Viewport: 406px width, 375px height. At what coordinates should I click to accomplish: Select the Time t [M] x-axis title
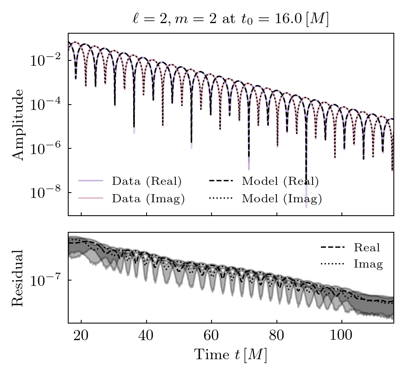(230, 355)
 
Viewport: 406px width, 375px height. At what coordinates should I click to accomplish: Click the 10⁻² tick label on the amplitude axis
(45, 61)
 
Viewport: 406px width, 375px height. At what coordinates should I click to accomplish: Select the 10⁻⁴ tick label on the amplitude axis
(45, 105)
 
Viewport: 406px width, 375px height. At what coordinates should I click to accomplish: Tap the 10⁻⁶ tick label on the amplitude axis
(45, 149)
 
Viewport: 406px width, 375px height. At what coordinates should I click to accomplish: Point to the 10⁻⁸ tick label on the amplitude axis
(45, 193)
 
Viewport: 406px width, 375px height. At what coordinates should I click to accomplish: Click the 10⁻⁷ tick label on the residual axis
(45, 280)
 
